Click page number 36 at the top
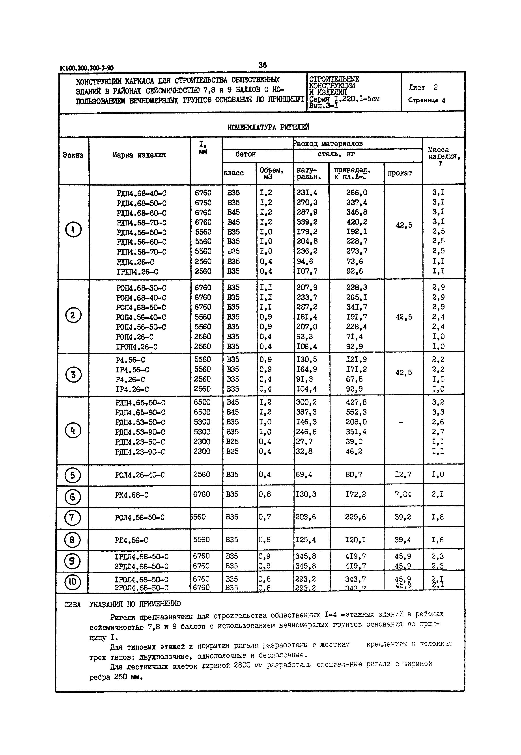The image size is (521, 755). click(x=262, y=65)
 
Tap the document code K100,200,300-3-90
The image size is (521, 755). click(x=87, y=68)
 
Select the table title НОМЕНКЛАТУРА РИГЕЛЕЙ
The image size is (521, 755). click(x=268, y=127)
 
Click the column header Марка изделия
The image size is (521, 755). click(x=139, y=155)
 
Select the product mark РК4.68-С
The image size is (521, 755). click(x=132, y=495)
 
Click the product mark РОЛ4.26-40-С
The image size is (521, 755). click(x=140, y=475)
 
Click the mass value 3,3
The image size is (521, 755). click(x=438, y=412)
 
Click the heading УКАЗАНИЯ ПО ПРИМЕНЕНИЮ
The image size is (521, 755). click(x=135, y=604)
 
